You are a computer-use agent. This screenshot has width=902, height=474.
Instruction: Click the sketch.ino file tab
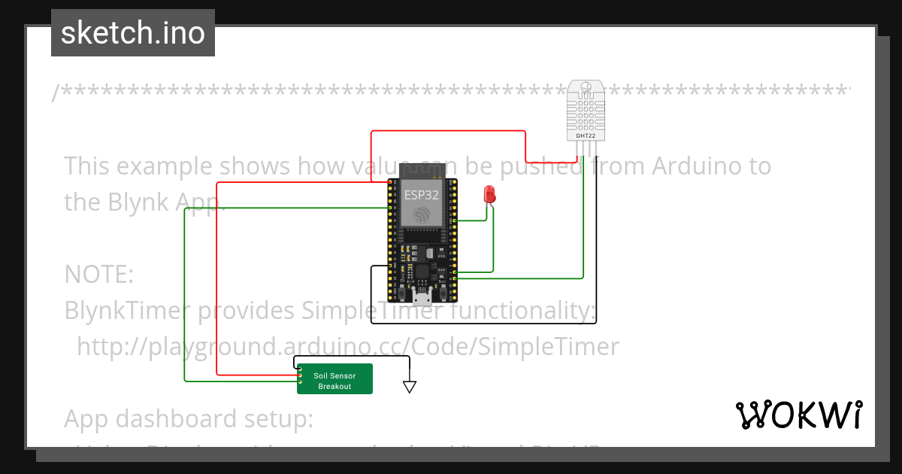point(133,33)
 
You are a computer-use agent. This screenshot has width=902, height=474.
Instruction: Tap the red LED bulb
point(489,194)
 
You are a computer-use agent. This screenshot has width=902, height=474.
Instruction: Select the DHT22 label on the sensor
point(586,135)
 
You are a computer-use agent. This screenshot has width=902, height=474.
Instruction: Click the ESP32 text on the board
point(422,194)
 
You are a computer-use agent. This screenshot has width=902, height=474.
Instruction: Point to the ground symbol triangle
point(410,387)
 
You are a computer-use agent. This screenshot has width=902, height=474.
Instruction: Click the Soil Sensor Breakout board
point(335,380)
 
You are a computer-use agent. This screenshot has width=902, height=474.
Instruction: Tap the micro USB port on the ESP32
point(422,294)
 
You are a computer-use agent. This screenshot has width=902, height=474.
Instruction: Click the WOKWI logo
point(798,415)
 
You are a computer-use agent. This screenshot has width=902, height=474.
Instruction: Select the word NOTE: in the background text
point(98,275)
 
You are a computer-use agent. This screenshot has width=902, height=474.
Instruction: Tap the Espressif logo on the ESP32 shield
point(422,215)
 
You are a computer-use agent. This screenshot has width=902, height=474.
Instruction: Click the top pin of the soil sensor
point(299,368)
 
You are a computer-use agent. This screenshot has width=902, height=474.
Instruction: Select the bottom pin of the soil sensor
point(299,381)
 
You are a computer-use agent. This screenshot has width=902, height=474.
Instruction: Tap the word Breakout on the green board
point(334,386)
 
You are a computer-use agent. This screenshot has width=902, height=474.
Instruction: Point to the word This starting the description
point(86,166)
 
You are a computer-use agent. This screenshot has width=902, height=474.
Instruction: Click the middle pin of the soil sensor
point(299,375)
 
